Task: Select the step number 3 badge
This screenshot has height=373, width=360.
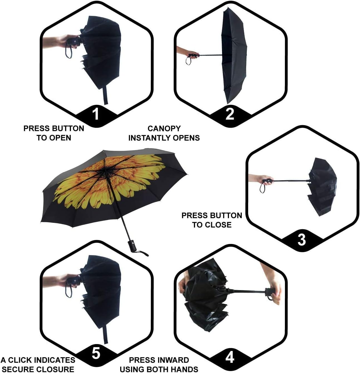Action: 302,239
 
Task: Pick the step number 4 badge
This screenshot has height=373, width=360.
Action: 230,357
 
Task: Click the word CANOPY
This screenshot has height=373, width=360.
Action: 164,129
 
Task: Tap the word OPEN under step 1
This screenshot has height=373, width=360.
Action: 61,138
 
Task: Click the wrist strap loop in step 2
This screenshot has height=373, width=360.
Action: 188,61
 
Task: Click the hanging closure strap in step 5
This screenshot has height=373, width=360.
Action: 105,334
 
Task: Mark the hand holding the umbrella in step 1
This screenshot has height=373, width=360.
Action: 60,41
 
